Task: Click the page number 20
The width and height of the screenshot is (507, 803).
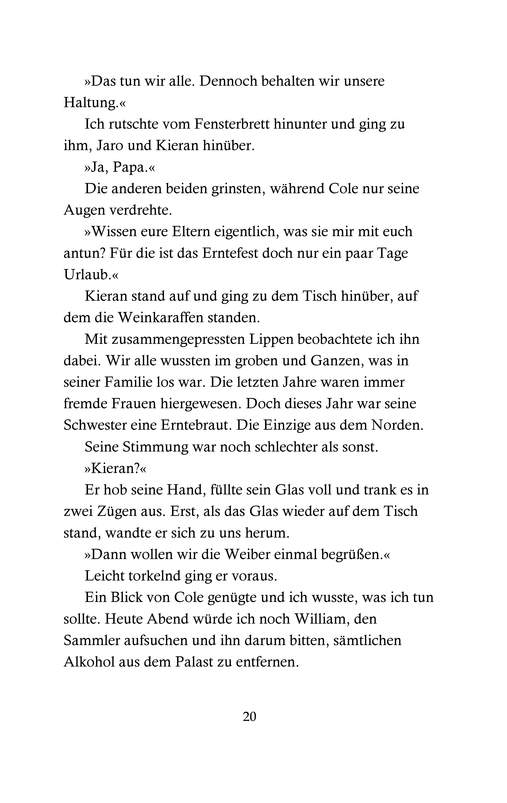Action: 249,716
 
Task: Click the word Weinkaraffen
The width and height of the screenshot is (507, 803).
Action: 161,318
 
